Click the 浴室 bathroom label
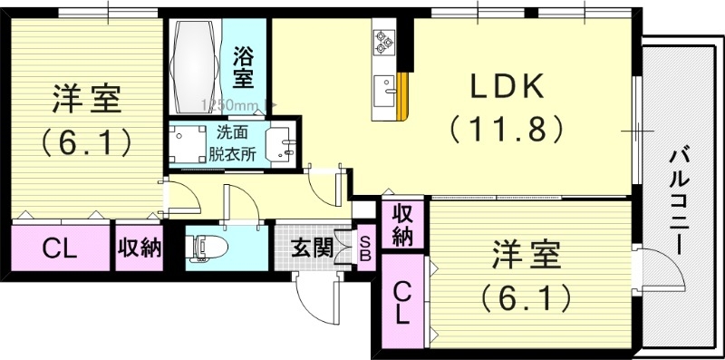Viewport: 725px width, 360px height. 244,66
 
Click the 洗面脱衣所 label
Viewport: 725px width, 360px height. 235,141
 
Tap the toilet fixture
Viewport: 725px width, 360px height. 203,247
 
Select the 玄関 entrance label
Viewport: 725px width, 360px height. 311,246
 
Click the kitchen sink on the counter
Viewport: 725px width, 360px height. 384,90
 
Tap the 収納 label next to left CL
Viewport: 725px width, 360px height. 138,246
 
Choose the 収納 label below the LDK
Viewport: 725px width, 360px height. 402,224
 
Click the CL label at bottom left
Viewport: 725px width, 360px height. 60,246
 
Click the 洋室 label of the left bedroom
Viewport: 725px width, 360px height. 86,99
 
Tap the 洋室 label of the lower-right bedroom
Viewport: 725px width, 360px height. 526,255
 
